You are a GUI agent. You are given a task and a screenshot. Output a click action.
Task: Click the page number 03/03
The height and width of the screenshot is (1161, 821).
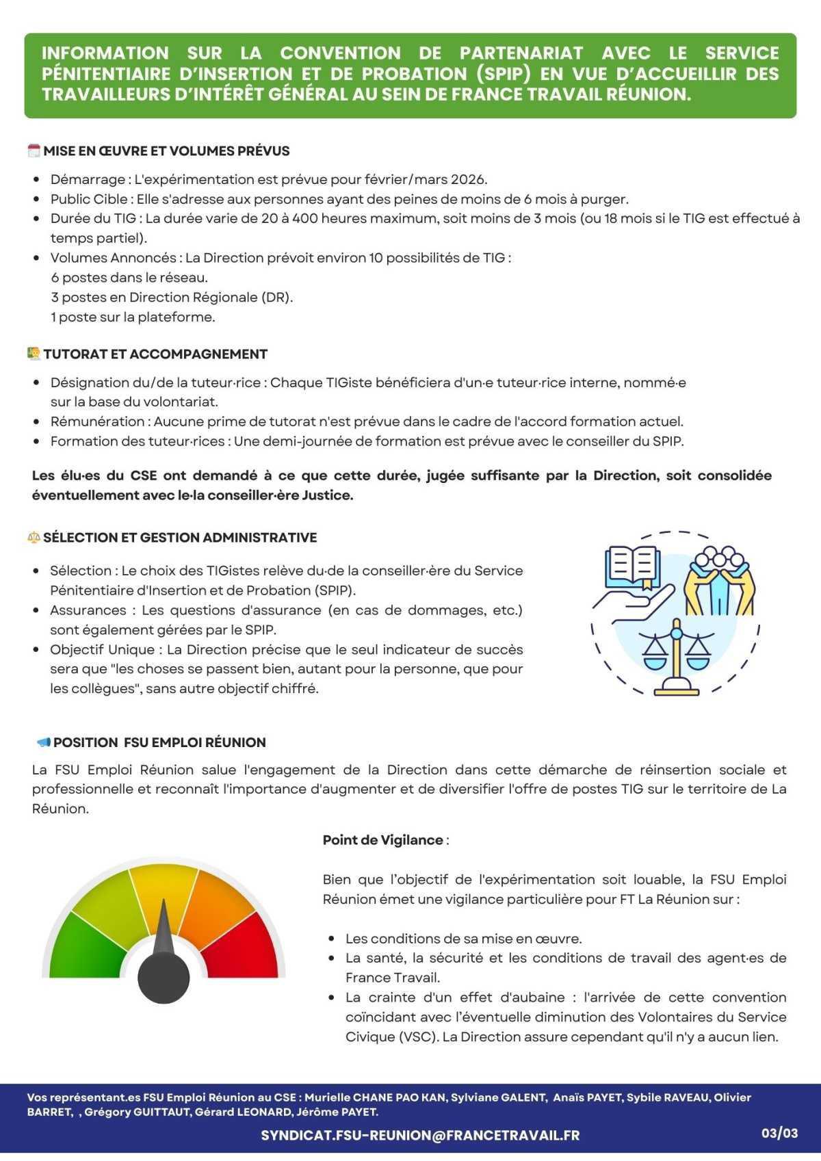(x=780, y=1134)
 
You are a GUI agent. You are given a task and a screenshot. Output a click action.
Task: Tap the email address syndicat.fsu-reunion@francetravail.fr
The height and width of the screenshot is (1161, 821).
(x=420, y=1135)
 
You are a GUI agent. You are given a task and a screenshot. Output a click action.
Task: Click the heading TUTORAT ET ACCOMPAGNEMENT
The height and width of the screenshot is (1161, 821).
(x=155, y=354)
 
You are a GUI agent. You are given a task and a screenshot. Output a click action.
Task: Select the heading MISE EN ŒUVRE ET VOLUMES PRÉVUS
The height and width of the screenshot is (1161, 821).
(x=166, y=151)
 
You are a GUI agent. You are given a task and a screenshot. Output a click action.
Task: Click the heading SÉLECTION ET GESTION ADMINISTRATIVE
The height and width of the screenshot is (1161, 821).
(x=180, y=537)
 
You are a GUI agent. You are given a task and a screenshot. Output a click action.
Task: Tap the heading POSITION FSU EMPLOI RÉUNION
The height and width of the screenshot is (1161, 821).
(x=159, y=742)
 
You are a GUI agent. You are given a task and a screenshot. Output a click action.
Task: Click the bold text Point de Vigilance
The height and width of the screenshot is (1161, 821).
(x=383, y=839)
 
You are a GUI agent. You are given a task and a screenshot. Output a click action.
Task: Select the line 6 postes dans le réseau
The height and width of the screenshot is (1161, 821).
(x=129, y=277)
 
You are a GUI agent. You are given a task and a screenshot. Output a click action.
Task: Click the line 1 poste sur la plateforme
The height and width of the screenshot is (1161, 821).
(x=133, y=317)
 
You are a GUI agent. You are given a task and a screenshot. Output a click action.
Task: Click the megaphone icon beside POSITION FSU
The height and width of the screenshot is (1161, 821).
(x=43, y=742)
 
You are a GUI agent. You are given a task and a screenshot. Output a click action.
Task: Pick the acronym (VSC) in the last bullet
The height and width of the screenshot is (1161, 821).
(x=418, y=1036)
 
